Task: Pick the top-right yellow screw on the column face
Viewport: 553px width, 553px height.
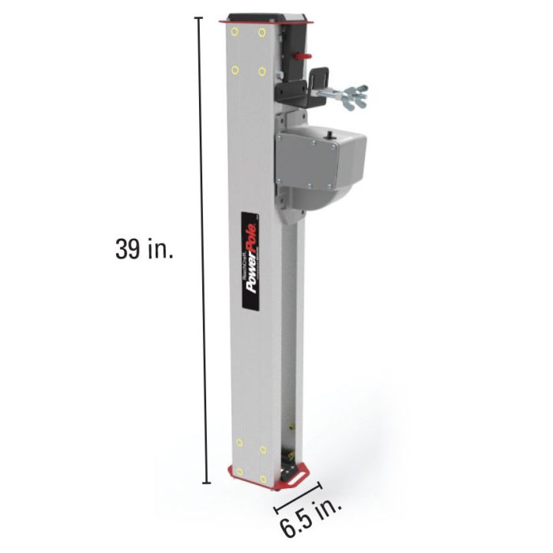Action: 261,34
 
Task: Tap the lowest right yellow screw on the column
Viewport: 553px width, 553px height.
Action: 263,479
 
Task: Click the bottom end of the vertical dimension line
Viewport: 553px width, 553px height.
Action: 207,482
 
